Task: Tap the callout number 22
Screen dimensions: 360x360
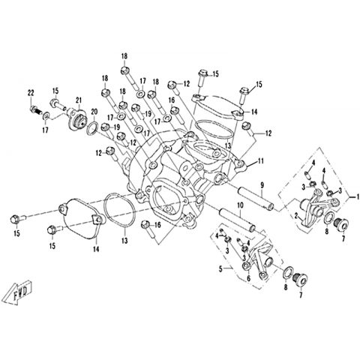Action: tap(31, 93)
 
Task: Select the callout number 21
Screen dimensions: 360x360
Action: tap(79, 100)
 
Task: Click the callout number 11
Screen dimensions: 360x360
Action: tap(260, 162)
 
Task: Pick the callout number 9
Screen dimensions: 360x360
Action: tap(262, 185)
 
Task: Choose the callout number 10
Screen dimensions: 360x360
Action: tap(240, 205)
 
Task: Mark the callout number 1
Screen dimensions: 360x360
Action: tap(358, 196)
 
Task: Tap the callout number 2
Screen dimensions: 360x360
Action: tap(295, 215)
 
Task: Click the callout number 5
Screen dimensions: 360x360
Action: tap(220, 269)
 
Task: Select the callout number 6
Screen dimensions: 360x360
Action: tap(248, 278)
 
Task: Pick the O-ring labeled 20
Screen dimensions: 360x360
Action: tap(93, 129)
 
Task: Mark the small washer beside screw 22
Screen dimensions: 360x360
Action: tap(46, 115)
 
